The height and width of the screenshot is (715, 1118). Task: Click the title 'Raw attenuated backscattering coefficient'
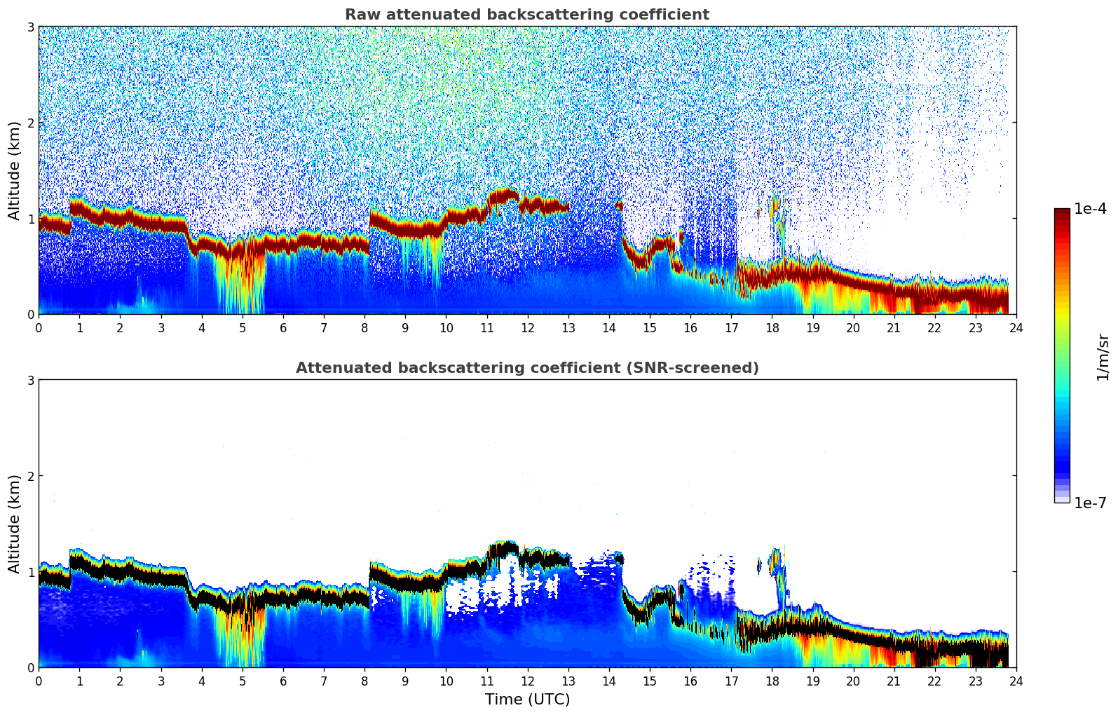(527, 15)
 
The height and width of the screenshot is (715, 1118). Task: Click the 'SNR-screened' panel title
(527, 368)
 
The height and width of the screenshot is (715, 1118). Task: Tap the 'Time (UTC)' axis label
(527, 700)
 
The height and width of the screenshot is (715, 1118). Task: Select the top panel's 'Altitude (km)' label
(15, 170)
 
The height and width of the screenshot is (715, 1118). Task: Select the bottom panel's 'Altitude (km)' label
(15, 524)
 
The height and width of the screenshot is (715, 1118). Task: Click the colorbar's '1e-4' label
(1090, 209)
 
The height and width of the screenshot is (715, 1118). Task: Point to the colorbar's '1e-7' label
(1090, 503)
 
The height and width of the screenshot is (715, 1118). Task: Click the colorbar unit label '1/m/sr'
(1103, 357)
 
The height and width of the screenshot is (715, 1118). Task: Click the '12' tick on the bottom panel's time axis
(527, 681)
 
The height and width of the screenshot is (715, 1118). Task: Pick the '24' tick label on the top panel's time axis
(1016, 328)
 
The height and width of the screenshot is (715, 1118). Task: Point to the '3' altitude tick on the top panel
(31, 27)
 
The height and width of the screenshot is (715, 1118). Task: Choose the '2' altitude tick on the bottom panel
(31, 477)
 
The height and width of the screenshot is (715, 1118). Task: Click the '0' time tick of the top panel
(39, 328)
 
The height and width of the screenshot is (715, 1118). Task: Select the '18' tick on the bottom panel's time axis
(772, 681)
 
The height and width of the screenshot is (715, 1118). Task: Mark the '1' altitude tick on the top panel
(31, 219)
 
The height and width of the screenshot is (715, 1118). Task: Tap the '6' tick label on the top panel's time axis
(283, 328)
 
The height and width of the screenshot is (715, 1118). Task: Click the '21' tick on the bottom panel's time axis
(894, 681)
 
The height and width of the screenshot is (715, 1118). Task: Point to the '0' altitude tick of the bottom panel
(31, 668)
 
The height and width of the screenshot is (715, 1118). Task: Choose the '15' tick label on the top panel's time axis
(650, 328)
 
